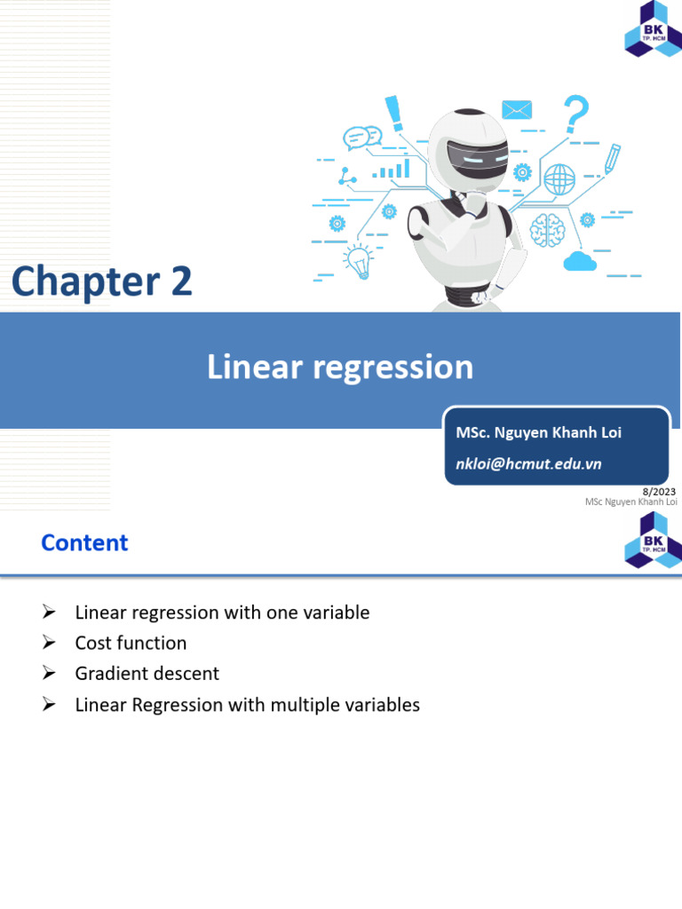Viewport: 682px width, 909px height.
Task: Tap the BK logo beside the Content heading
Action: pos(653,540)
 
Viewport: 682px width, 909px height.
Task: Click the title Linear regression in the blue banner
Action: pos(340,367)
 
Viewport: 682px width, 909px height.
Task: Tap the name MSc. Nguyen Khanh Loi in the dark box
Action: pos(538,432)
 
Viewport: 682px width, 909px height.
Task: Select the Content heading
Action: pos(84,542)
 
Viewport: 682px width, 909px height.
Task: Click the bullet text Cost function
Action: pos(131,643)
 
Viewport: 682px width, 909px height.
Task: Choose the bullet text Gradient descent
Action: pos(147,673)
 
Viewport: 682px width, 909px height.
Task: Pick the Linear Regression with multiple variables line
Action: pos(247,705)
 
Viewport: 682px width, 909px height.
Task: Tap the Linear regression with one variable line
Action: pos(222,613)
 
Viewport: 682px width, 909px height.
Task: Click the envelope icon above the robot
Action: pos(516,109)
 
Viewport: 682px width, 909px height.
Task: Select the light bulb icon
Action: pos(358,260)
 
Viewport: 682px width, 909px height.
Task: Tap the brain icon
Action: pos(547,230)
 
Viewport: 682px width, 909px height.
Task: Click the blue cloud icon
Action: pos(579,260)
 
